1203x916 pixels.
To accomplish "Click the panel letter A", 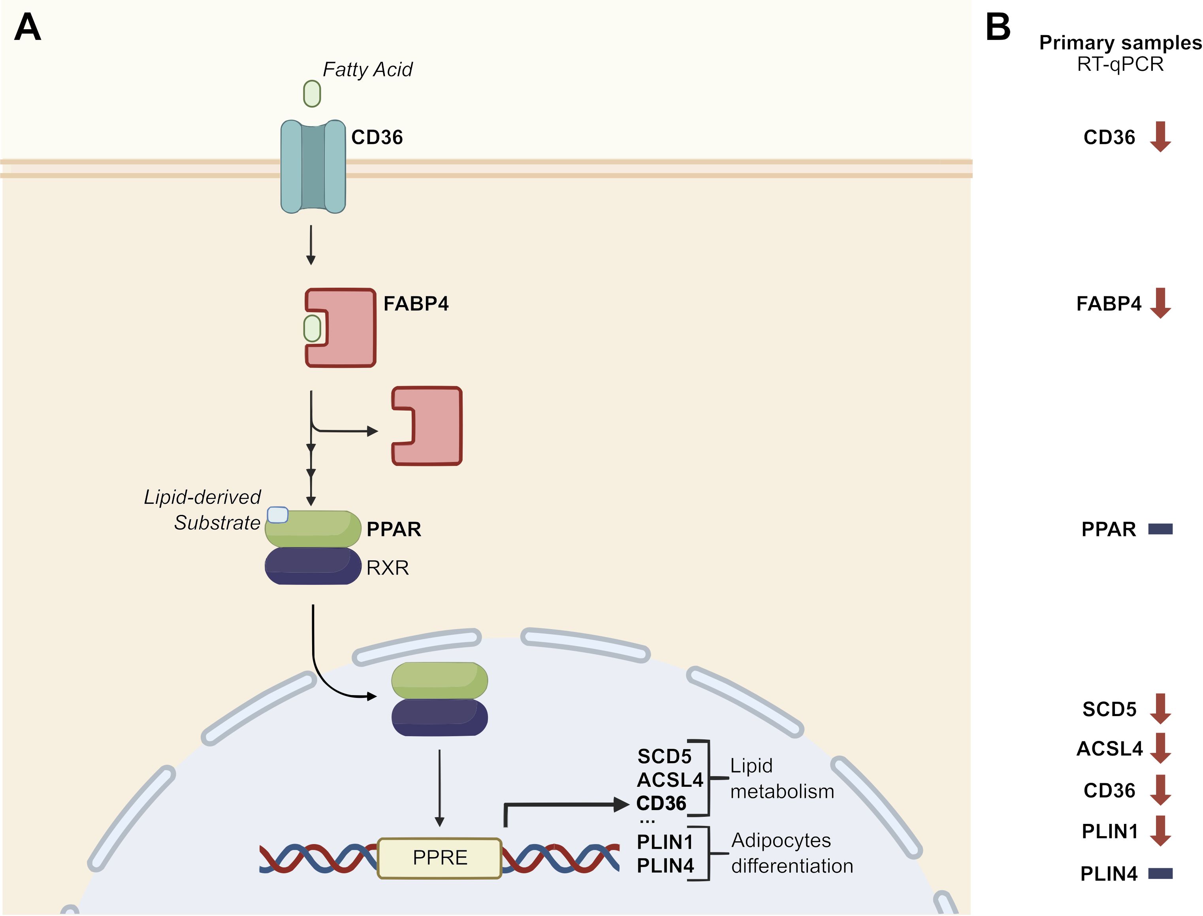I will [27, 27].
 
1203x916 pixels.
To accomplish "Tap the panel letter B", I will [998, 27].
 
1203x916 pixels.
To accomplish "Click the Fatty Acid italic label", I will [367, 69].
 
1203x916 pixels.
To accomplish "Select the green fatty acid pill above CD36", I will [312, 94].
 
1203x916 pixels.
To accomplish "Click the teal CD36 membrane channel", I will [313, 166].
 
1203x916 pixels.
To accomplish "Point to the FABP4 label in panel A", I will [416, 304].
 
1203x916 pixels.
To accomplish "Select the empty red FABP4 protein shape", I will [431, 426].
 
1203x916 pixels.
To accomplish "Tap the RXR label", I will [388, 568].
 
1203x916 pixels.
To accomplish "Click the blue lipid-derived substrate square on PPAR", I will [277, 515].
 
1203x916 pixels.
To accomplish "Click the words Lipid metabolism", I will [781, 778].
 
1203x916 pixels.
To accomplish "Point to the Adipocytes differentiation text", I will [791, 853].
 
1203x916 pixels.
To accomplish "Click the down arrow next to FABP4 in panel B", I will [1160, 303].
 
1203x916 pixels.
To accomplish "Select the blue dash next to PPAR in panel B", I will [1160, 529].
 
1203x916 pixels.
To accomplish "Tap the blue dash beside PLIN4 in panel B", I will [1160, 873].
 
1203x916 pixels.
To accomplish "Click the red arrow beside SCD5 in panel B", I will [1160, 709].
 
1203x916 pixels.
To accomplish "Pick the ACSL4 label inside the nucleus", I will [670, 780].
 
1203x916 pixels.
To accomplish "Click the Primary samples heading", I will [1120, 43].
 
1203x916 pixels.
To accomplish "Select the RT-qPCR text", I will [1120, 64].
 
